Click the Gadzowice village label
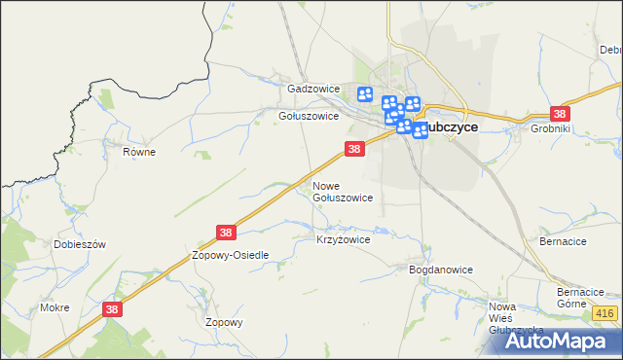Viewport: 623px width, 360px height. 312,89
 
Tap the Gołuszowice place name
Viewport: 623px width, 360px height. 308,116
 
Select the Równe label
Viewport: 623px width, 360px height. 139,152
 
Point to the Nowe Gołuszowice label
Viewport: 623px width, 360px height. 342,192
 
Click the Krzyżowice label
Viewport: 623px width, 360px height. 343,238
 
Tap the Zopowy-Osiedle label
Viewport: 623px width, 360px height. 230,255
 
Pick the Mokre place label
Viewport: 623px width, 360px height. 55,307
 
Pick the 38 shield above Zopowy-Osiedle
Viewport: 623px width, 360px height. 226,233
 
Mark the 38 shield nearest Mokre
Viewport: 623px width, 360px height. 112,309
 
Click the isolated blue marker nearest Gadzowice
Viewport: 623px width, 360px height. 365,94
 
